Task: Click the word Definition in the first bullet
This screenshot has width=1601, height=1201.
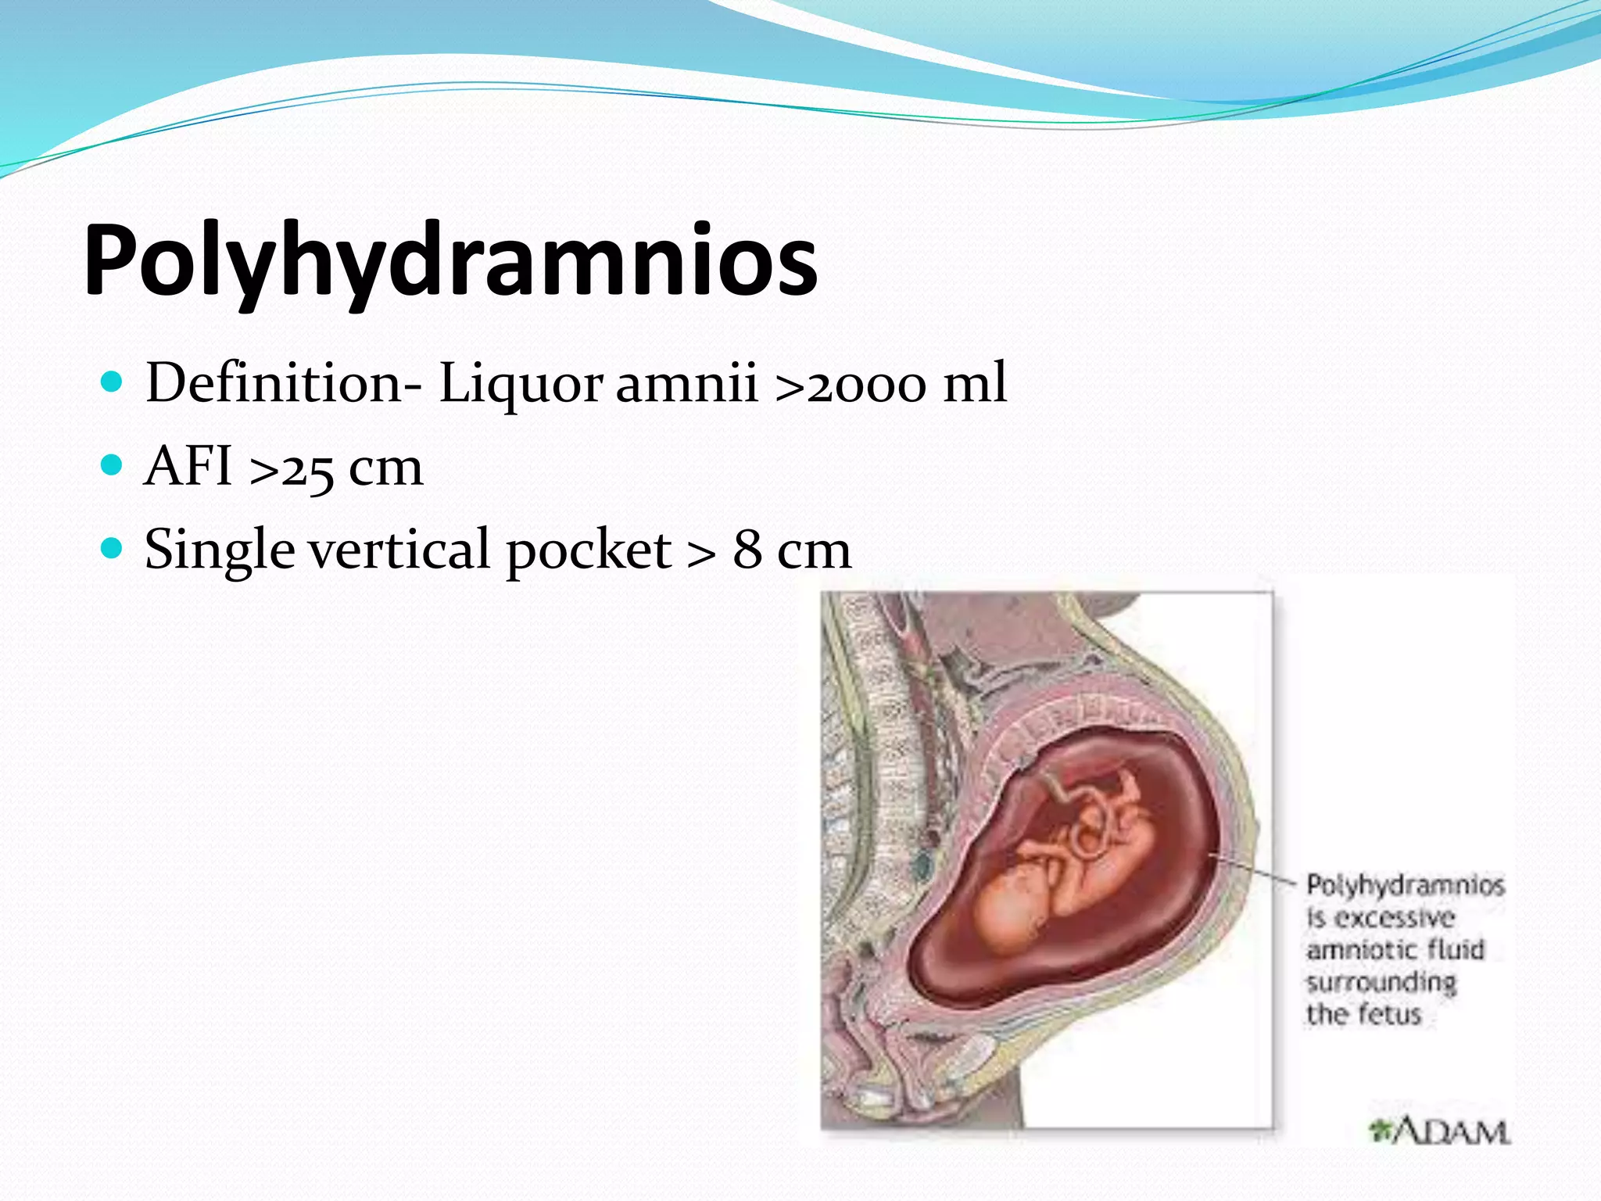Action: point(274,383)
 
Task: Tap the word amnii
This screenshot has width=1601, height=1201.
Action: point(686,383)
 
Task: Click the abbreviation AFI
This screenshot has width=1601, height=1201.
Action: point(188,466)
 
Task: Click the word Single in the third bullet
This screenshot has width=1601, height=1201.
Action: point(220,550)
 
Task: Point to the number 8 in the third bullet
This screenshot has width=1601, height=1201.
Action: point(747,549)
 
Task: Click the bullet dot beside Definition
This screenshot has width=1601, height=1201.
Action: point(113,382)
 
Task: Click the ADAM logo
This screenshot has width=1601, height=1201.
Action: point(1438,1131)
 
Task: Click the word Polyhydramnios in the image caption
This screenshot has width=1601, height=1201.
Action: point(1405,885)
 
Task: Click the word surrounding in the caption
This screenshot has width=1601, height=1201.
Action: point(1381,983)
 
